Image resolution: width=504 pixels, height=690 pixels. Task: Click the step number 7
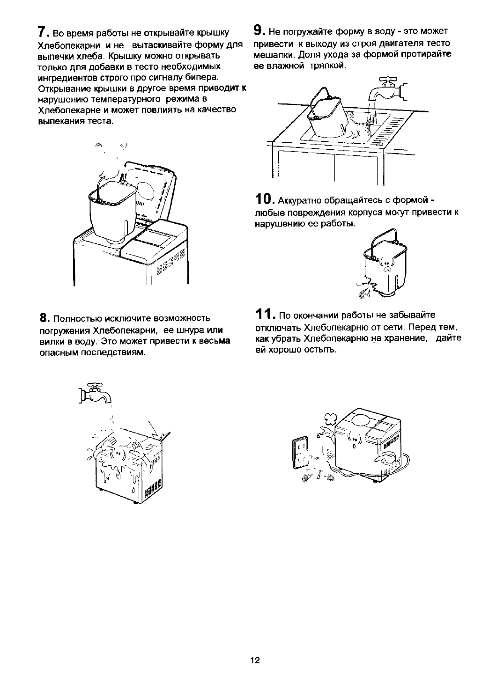point(42,33)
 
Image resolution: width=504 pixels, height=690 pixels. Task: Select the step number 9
point(258,31)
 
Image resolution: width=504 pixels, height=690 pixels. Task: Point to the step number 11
point(265,314)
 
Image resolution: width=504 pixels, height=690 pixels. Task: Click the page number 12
point(255,660)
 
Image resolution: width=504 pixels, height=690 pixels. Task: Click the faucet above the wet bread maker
point(97,393)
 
